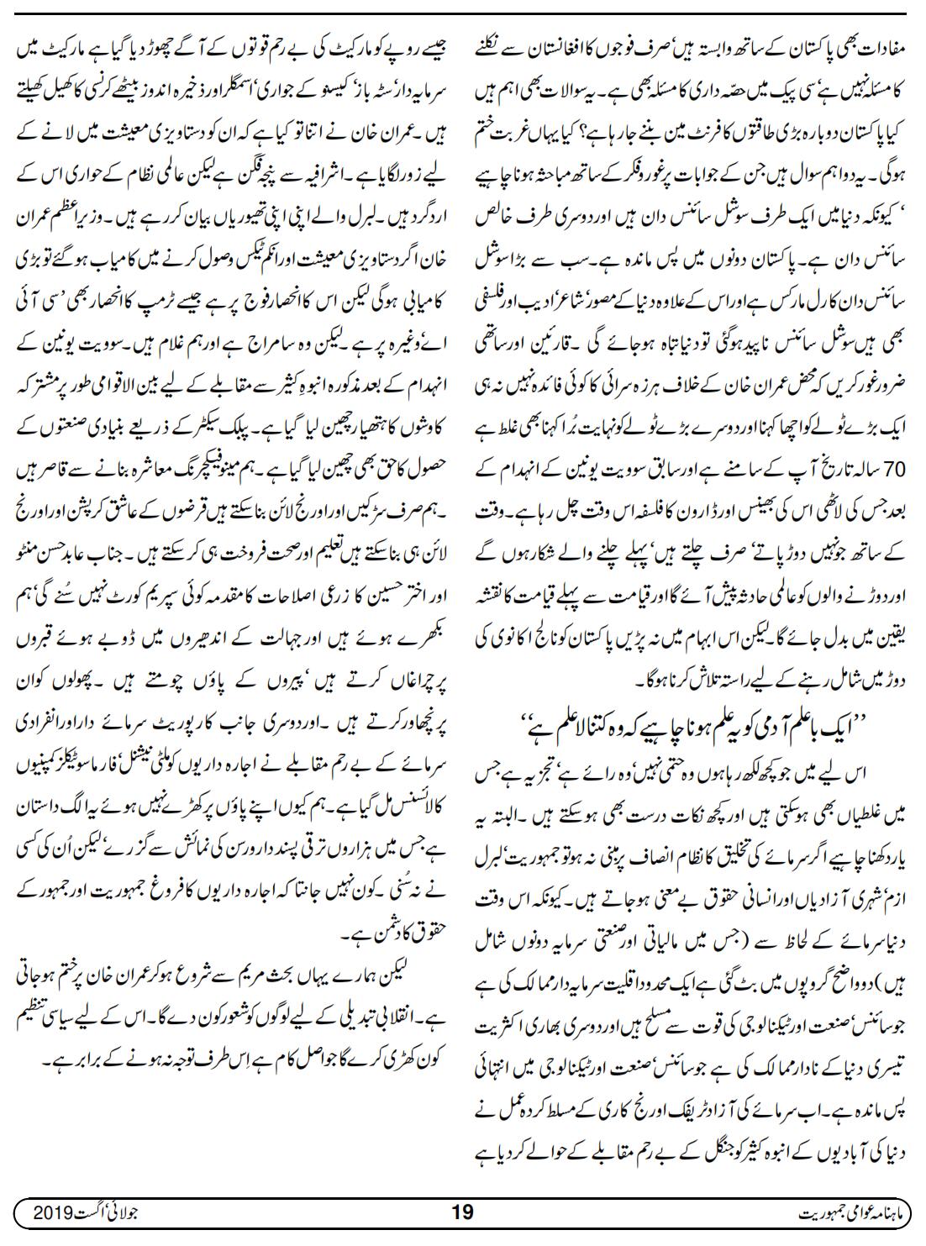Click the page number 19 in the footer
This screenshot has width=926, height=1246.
click(463, 1212)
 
